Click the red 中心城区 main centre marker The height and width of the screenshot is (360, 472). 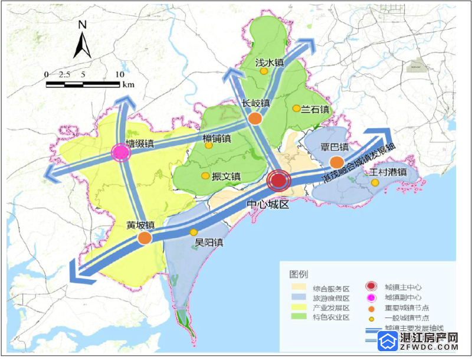pyautogui.click(x=278, y=181)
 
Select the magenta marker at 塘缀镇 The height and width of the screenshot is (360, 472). pyautogui.click(x=120, y=153)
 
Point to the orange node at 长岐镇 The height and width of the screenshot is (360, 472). pyautogui.click(x=255, y=118)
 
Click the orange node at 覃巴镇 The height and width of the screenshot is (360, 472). pyautogui.click(x=337, y=162)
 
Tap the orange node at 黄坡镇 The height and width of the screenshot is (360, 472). pyautogui.click(x=145, y=238)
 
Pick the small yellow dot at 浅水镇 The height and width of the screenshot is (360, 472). pyautogui.click(x=264, y=71)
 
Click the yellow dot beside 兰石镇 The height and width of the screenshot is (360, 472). pyautogui.click(x=296, y=108)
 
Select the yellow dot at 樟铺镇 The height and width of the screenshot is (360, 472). pyautogui.click(x=210, y=147)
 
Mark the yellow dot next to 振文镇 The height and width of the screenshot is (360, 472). pyautogui.click(x=205, y=176)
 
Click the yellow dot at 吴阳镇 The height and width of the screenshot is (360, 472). pyautogui.click(x=194, y=232)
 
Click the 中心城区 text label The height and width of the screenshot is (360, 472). pyautogui.click(x=268, y=204)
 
